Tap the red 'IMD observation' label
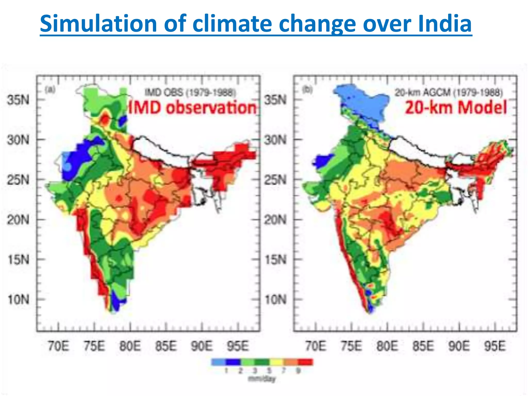pos(192,108)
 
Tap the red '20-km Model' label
pos(456,108)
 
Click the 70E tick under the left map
pos(59,346)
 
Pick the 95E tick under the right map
pos(494,346)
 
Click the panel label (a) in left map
pos(50,90)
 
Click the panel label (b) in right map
pos(307,90)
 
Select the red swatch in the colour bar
pos(305,362)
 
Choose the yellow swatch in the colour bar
pos(276,362)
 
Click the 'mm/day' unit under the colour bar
pos(261,379)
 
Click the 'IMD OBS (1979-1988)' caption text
pos(190,92)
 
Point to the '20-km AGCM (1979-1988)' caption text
pos(449,92)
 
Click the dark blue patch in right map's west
pos(322,161)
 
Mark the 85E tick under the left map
pos(166,346)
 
